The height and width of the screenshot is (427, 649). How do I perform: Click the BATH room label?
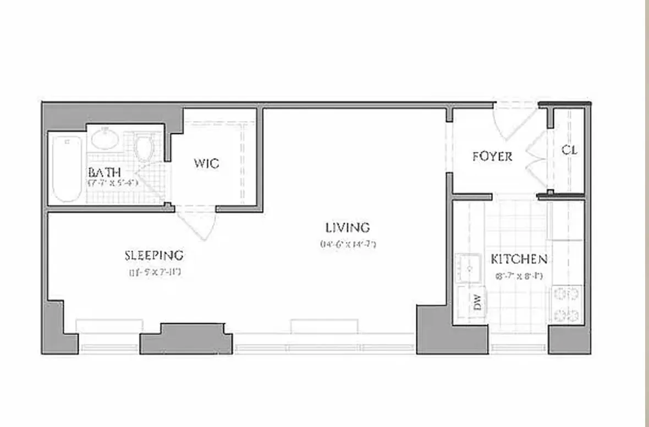tap(104, 172)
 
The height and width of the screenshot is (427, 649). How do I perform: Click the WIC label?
tap(206, 163)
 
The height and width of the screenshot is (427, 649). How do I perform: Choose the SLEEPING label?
tap(153, 255)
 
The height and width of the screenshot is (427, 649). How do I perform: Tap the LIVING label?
tap(347, 227)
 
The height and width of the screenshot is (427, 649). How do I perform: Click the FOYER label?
tap(492, 156)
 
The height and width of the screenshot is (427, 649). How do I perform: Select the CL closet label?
tap(569, 150)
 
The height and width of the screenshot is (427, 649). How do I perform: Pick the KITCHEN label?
tap(519, 259)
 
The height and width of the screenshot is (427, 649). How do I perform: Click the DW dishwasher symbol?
tap(477, 302)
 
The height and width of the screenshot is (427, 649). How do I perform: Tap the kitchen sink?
tap(469, 268)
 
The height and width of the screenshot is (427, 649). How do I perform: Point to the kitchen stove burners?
tap(566, 304)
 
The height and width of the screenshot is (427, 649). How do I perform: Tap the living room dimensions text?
tap(347, 244)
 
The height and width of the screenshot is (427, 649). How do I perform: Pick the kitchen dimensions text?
tap(519, 276)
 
